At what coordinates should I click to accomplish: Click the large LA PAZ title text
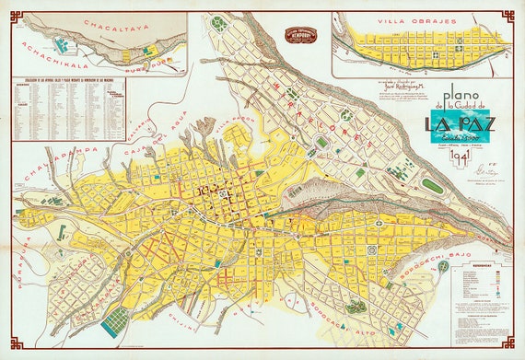[x=458, y=122]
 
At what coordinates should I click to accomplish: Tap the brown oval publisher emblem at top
[x=301, y=35]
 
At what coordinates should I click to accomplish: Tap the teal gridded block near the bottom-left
[x=115, y=321]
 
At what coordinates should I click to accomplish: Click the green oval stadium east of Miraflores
[x=432, y=186]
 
